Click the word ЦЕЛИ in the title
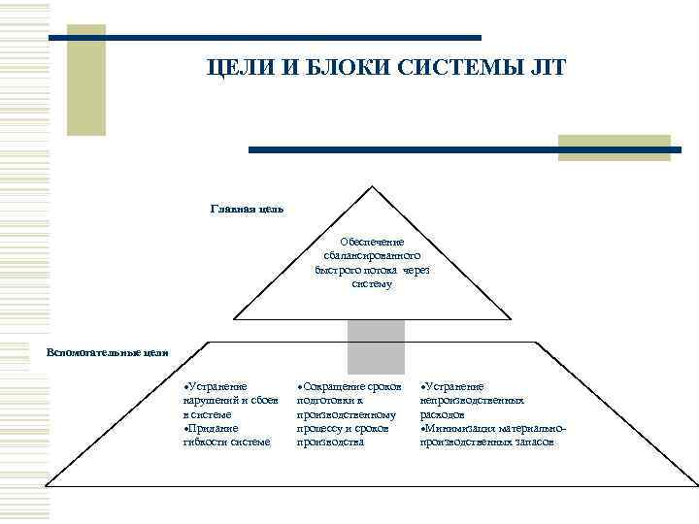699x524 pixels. pos(236,68)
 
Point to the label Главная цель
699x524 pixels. pos(248,208)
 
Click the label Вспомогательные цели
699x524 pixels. pos(108,351)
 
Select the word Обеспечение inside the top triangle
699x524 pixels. pos(372,242)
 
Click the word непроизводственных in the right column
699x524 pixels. pos(473,400)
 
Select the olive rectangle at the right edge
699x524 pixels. pos(614,147)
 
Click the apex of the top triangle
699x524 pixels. pos(372,185)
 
